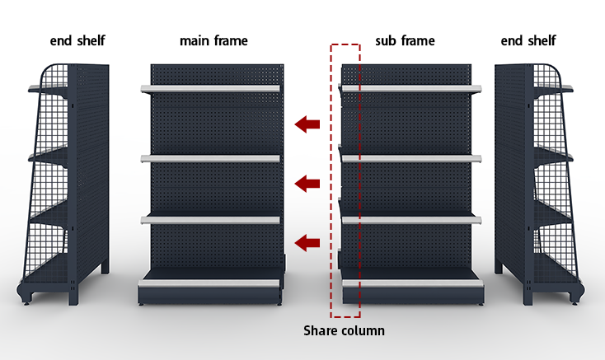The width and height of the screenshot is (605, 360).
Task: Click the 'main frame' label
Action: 213,40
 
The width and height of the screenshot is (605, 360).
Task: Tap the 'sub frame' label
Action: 406,40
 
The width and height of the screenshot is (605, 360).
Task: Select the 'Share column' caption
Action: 345,330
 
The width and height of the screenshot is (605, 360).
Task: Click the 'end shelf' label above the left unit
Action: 77,40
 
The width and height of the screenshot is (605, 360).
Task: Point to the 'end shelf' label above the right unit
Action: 528,40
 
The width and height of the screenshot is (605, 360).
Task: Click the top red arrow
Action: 307,124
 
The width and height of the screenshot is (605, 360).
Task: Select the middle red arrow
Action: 307,184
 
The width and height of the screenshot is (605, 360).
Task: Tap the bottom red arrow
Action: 307,243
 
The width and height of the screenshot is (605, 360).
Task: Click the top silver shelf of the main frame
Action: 210,89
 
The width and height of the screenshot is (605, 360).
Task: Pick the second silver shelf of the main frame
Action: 210,158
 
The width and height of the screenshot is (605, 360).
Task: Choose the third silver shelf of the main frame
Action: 210,220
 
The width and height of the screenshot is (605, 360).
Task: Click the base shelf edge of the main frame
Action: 209,283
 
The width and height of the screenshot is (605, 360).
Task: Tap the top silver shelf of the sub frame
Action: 411,89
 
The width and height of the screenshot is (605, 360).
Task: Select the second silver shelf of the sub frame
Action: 411,158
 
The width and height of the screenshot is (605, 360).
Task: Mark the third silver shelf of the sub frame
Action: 411,220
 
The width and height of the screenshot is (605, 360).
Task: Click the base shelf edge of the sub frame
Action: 413,283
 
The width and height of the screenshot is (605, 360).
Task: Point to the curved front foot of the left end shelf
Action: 24,294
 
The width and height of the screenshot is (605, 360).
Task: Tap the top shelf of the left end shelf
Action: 48,89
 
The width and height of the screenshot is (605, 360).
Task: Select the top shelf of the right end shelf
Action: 553,89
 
